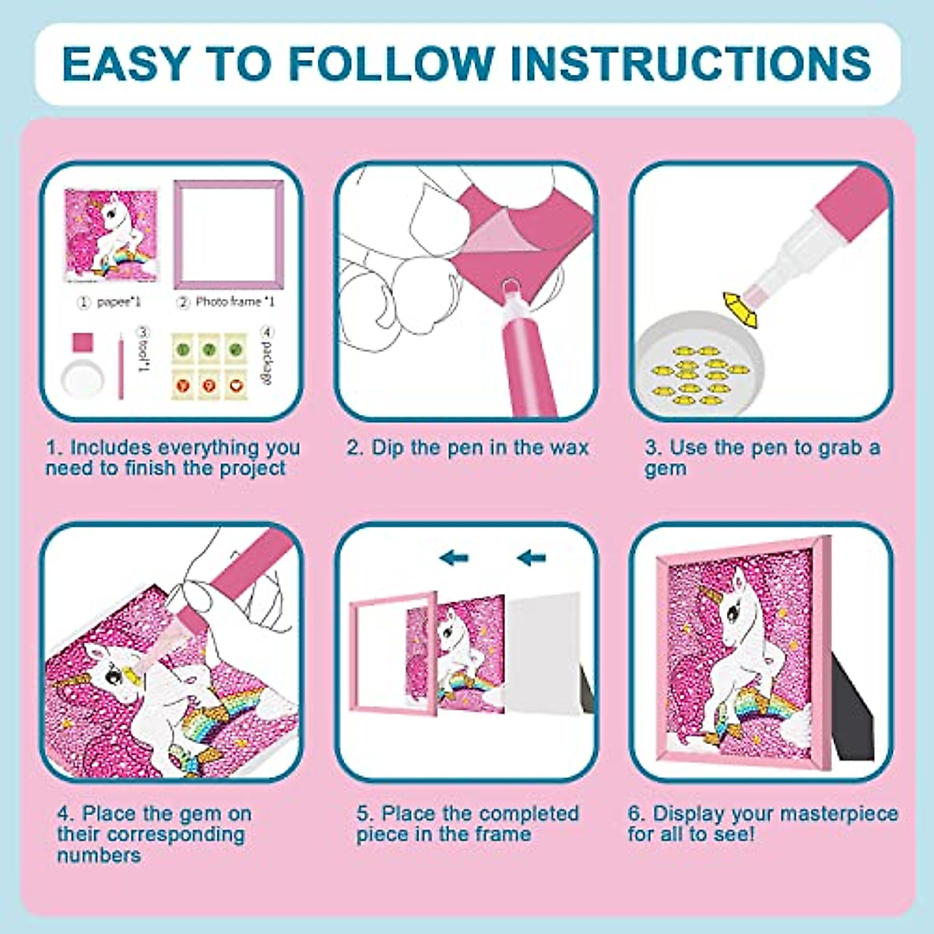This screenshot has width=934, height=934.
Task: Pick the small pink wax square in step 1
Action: (83, 342)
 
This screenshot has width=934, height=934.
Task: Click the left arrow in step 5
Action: (453, 557)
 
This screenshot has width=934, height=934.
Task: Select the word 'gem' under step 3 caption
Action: (665, 469)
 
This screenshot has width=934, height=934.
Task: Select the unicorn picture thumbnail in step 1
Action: (111, 234)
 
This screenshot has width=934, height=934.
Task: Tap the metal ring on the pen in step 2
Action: (511, 293)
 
